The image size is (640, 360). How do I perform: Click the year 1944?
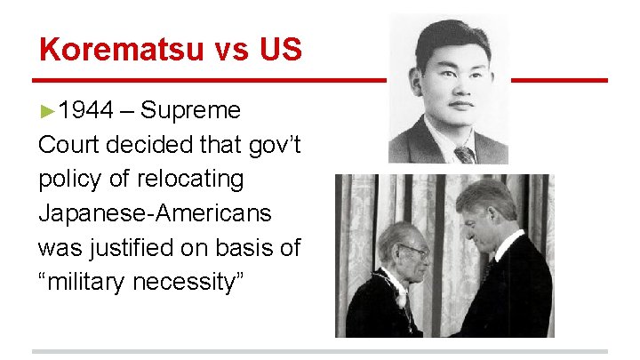(x=86, y=111)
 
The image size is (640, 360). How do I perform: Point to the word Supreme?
(x=190, y=111)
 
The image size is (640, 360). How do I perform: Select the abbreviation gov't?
(x=272, y=145)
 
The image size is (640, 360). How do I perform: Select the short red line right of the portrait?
(x=559, y=81)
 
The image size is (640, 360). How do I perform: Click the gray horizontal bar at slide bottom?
(x=320, y=351)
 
